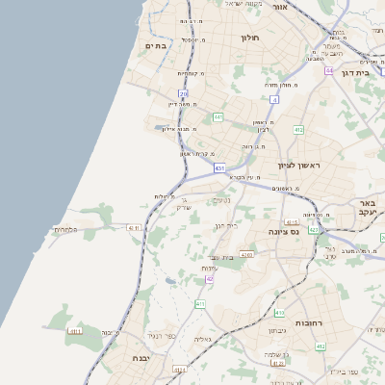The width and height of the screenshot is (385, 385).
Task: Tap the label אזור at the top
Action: click(281, 7)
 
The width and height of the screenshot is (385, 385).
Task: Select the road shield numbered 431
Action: click(219, 168)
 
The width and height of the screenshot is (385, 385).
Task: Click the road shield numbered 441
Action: click(219, 117)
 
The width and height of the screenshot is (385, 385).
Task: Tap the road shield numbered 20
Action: click(184, 93)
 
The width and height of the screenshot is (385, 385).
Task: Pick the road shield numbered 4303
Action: click(246, 255)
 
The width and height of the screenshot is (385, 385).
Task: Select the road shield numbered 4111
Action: click(75, 331)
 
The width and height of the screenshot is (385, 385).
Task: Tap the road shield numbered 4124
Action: click(179, 369)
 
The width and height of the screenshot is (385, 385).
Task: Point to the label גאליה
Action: click(203, 339)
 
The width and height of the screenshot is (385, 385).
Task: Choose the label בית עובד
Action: click(222, 257)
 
